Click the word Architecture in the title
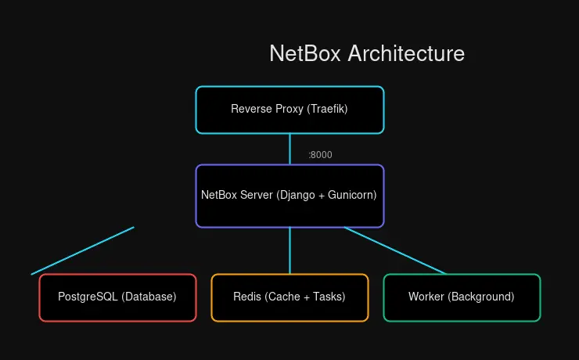point(406,53)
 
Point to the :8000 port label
point(320,155)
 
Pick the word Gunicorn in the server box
point(351,196)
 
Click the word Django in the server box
point(297,196)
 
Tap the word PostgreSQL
point(88,297)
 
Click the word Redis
point(247,297)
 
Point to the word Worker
point(425,297)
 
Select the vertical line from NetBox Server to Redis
point(289,250)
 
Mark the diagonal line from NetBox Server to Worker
point(395,250)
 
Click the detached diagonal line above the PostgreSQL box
point(83,250)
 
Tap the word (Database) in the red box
point(149,297)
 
